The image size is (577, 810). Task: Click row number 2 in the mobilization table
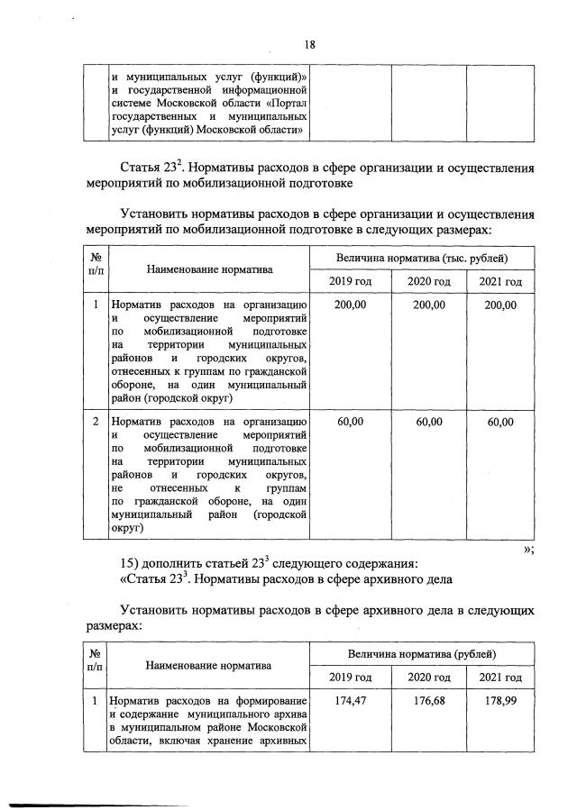(96, 422)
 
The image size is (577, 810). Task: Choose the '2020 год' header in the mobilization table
(429, 282)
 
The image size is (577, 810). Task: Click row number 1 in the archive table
(96, 700)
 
